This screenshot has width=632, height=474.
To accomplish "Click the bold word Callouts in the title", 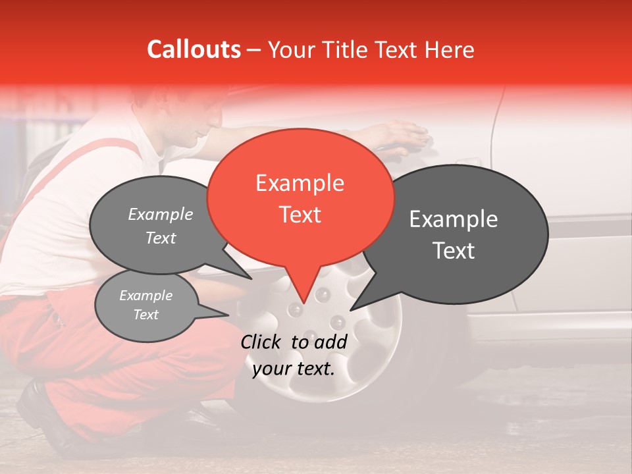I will [x=194, y=50].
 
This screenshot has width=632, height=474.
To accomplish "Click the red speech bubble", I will [x=300, y=197].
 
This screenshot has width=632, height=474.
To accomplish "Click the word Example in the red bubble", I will [x=300, y=183].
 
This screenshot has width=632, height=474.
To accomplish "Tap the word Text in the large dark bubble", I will [x=454, y=251].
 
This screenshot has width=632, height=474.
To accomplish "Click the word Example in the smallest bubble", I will [x=146, y=296].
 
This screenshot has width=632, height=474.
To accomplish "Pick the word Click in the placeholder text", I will [x=263, y=342].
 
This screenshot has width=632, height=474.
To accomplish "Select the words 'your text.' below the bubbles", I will [x=294, y=369].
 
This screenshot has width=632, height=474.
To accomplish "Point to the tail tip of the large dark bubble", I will [x=352, y=309].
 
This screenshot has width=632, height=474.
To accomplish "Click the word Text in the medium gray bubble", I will [x=161, y=238].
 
